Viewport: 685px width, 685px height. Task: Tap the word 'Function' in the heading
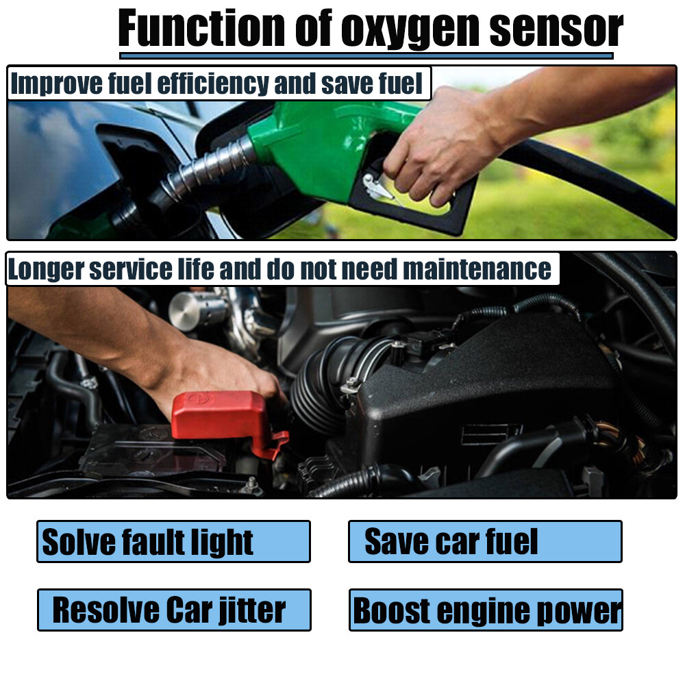click(x=202, y=29)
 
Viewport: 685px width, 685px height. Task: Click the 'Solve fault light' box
click(x=173, y=541)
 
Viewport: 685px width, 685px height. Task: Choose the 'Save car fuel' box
click(x=485, y=541)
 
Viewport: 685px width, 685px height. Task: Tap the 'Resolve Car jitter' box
click(x=174, y=610)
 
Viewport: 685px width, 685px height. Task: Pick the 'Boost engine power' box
click(x=486, y=610)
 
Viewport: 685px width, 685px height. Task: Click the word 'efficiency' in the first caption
click(x=212, y=84)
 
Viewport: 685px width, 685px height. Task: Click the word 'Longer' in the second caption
click(x=41, y=269)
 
